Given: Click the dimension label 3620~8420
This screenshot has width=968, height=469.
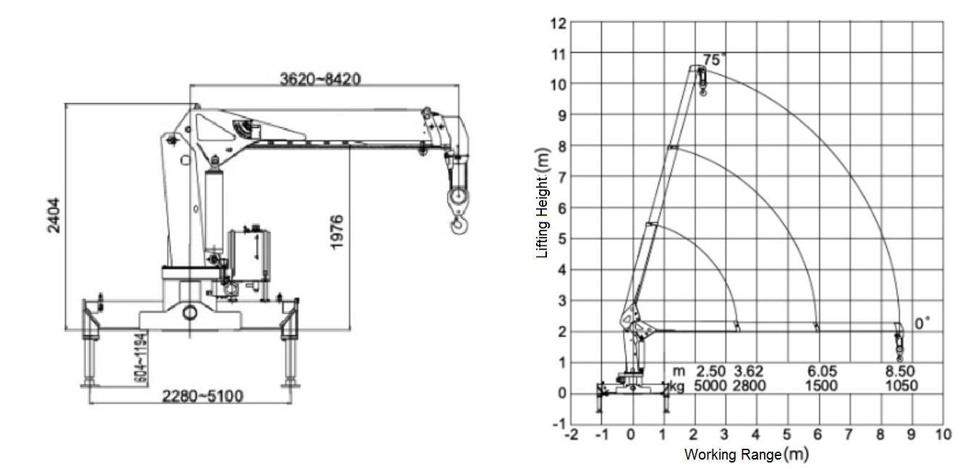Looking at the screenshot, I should point(320,78).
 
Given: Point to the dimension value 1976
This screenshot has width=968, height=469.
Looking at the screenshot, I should point(337,232).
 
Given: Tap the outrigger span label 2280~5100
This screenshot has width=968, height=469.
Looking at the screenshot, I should point(203,396).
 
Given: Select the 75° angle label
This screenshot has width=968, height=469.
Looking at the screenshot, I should point(713,61).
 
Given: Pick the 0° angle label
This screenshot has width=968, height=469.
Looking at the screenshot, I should point(922,324).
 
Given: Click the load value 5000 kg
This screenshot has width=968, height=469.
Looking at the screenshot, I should point(710,386).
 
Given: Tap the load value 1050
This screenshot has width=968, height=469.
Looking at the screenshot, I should point(901,386).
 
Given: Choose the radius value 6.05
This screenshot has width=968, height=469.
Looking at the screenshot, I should point(822,371).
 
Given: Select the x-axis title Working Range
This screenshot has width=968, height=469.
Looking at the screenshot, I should point(745,455).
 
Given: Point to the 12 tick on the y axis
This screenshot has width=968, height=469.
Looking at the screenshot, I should point(558,23).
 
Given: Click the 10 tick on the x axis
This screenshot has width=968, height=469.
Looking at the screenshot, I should point(943,434).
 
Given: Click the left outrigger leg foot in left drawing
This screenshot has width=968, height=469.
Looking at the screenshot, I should point(90,382).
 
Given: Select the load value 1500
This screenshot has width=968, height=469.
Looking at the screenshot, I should point(822,386).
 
